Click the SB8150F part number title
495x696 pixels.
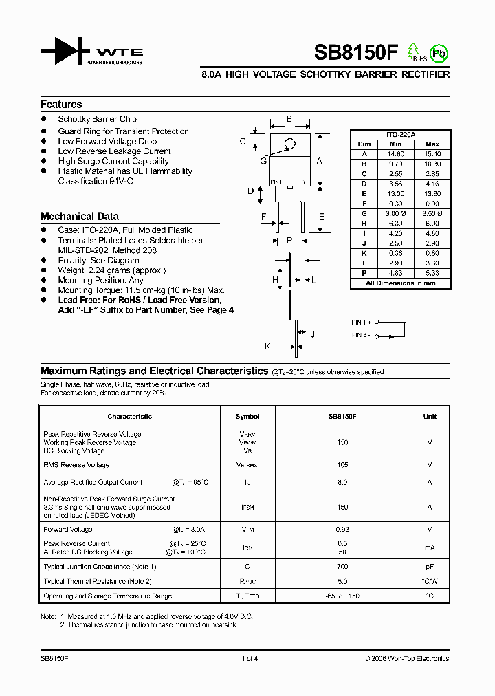(355, 53)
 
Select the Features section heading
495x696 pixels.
(61, 105)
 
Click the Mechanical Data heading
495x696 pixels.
(80, 216)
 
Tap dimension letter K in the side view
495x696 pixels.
(268, 347)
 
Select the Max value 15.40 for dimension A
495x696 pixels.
(432, 154)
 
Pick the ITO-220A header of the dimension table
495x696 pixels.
(400, 135)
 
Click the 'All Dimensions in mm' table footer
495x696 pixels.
(400, 283)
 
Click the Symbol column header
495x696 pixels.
(247, 416)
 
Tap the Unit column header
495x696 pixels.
(430, 416)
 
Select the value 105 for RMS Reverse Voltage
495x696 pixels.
(342, 465)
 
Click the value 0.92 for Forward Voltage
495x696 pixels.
(342, 530)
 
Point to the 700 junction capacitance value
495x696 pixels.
(342, 567)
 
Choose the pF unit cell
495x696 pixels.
(430, 567)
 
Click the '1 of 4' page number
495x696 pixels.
(250, 658)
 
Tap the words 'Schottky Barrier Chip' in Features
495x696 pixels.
(97, 120)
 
